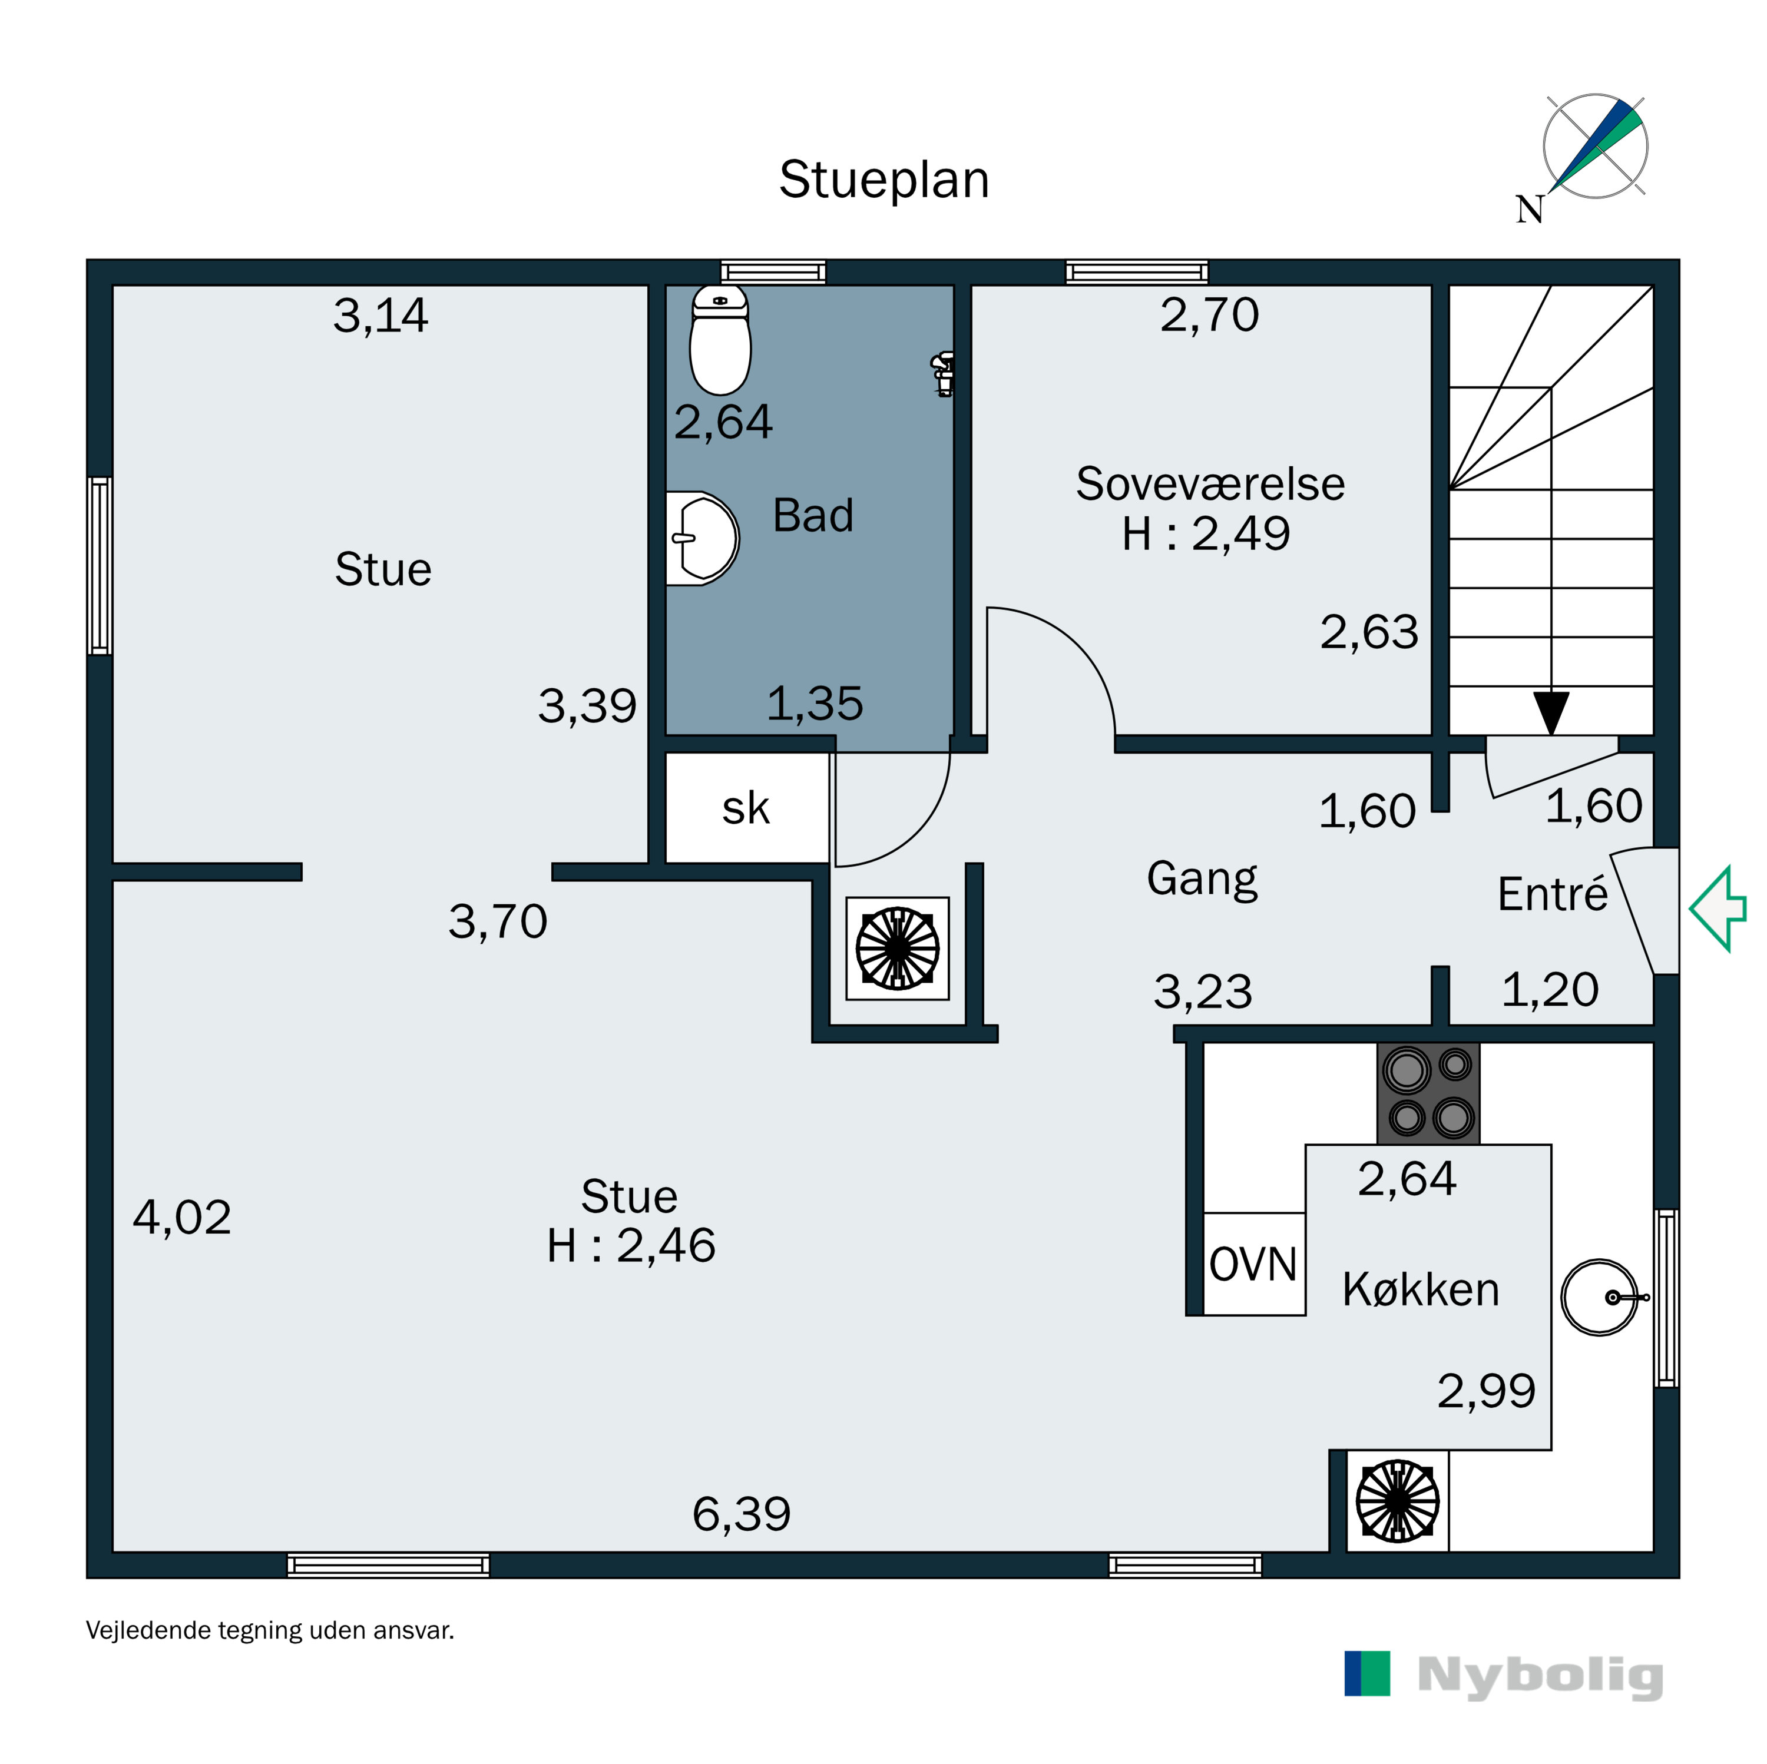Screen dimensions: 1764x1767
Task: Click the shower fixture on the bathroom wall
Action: click(x=943, y=373)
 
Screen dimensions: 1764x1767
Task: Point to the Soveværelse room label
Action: click(x=1209, y=484)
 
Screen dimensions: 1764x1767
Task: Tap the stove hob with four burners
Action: click(x=1428, y=1093)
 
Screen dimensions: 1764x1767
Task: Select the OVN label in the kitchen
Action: click(x=1253, y=1265)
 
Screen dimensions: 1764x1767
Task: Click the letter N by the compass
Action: click(x=1529, y=210)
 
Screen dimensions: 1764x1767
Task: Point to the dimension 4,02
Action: click(x=182, y=1217)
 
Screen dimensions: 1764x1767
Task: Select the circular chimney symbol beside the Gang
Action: click(x=897, y=949)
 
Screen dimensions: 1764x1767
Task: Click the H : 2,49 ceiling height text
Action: click(x=1206, y=533)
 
